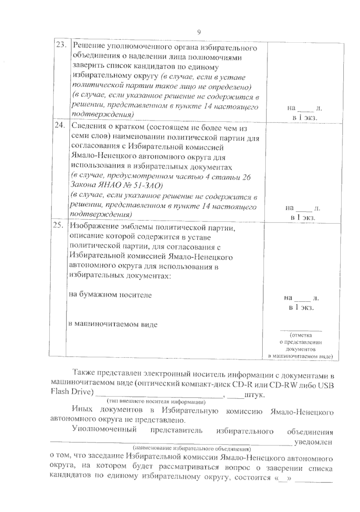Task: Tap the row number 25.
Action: pos(58,226)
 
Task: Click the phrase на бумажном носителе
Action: pos(110,295)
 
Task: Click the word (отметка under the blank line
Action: pos(301,335)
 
